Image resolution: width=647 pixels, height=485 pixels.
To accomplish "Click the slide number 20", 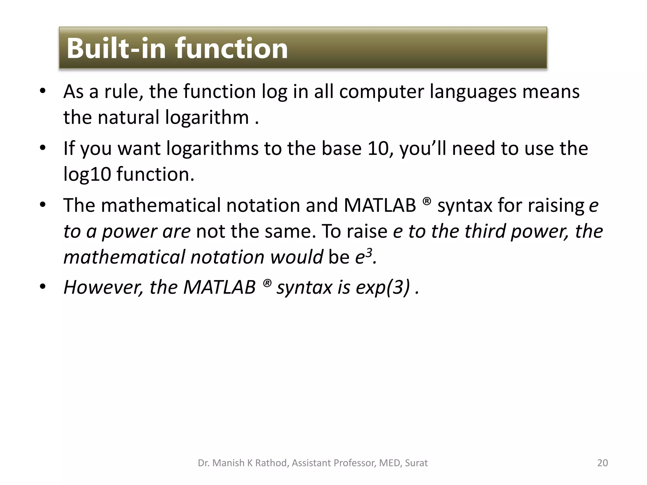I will (x=602, y=463).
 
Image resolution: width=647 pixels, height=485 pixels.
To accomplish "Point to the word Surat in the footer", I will (x=416, y=463).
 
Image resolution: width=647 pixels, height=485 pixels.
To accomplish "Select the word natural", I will (x=128, y=117).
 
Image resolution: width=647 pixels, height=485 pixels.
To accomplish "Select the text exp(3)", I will (x=383, y=287).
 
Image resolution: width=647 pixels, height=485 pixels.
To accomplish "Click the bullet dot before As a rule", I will (x=43, y=91).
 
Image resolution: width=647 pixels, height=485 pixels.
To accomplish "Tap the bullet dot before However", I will (x=43, y=287).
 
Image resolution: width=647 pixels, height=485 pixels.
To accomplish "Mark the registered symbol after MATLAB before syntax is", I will (x=267, y=283).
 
